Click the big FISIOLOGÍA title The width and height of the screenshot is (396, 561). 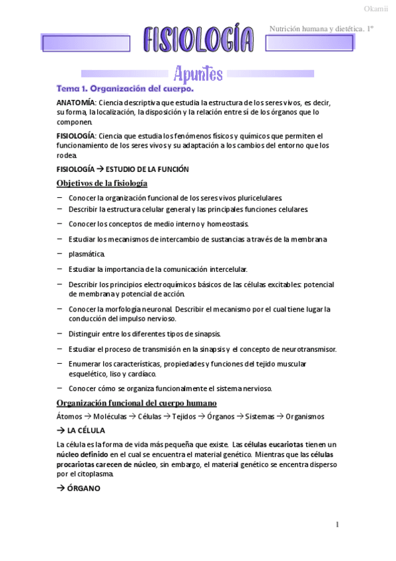[198, 40]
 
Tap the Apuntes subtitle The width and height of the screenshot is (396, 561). [198, 73]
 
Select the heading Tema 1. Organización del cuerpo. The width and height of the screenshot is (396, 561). [125, 88]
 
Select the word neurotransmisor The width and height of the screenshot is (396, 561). [308, 349]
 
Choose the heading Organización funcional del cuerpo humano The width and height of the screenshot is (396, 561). [137, 403]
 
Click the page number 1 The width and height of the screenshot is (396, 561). [337, 525]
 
